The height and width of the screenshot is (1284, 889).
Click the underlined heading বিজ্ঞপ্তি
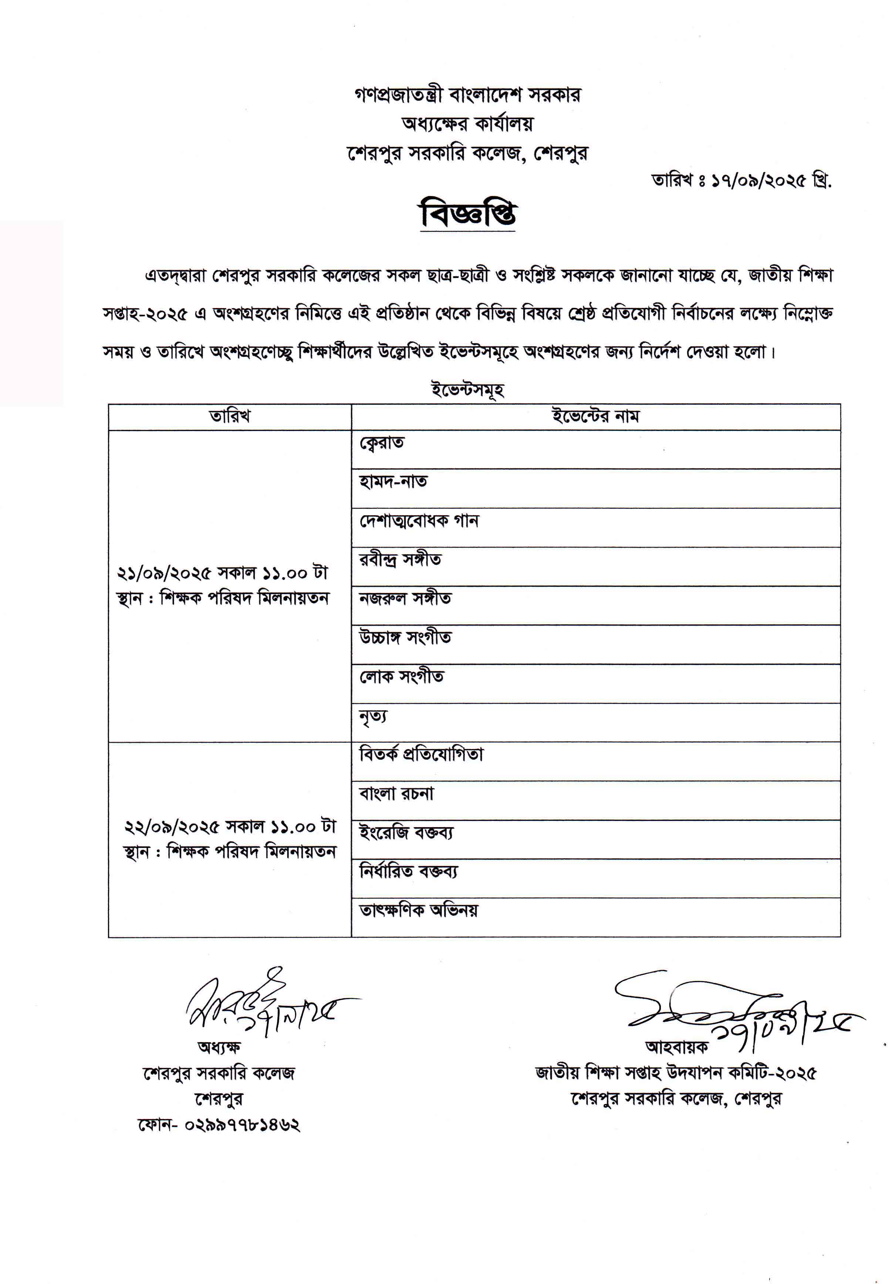[468, 215]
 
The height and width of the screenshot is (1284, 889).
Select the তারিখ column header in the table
[230, 416]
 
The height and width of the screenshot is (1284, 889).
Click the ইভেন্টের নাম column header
[595, 416]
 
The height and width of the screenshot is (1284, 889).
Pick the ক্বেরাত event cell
[382, 444]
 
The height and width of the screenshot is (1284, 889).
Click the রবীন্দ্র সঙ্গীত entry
[400, 560]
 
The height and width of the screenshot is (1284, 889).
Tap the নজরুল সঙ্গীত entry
[405, 599]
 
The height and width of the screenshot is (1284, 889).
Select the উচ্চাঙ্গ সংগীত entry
[405, 638]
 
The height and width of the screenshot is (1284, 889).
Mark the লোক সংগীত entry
[401, 677]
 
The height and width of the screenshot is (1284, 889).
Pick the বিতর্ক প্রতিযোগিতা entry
[421, 755]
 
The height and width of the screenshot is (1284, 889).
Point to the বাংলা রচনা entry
[396, 794]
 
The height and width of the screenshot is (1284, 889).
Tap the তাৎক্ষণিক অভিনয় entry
[418, 910]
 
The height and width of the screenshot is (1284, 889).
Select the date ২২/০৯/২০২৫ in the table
[171, 827]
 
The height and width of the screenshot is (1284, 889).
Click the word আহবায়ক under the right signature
[676, 1047]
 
